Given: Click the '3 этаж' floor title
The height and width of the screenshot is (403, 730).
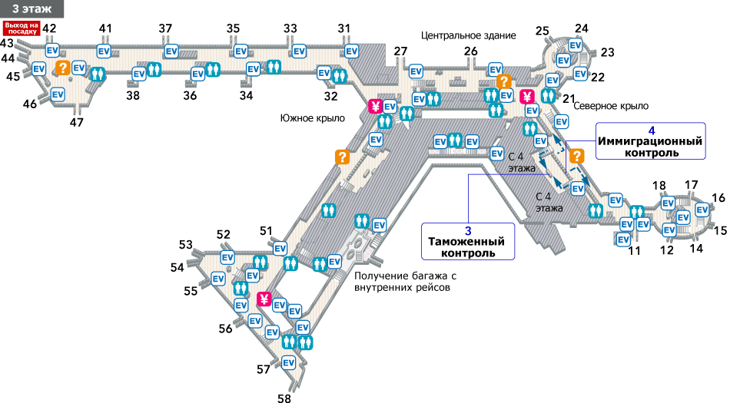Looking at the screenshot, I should (32, 9).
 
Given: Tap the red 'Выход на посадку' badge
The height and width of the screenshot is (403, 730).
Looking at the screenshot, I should (21, 28).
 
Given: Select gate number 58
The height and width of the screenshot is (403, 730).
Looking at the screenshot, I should (285, 398).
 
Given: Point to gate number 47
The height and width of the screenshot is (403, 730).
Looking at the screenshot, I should (77, 121).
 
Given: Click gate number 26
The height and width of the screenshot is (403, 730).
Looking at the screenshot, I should (470, 51).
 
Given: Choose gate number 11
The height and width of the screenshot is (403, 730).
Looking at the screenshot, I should (635, 250).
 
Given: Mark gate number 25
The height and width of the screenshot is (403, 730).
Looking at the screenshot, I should (543, 31).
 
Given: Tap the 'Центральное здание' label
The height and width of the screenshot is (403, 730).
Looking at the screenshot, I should (468, 35).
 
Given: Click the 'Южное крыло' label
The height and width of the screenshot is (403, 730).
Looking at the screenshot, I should (313, 117).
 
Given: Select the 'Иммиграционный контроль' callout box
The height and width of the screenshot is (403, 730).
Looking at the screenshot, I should (651, 141).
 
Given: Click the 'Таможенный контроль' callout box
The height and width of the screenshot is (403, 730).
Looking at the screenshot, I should (468, 240).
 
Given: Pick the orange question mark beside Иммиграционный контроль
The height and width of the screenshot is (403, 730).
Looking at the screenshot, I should (576, 156).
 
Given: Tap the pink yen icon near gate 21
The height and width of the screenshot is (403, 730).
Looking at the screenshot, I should (527, 97).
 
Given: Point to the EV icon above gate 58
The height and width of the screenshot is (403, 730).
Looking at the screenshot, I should (289, 362).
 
